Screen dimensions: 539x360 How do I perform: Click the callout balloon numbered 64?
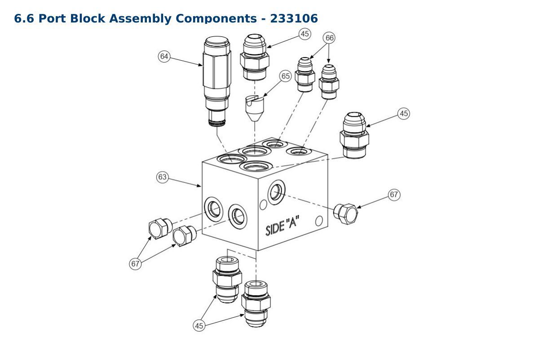point(164,56)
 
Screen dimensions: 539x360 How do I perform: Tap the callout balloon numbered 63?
point(163,177)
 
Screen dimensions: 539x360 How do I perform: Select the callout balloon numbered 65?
point(285,76)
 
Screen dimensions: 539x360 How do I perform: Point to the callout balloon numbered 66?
point(329,38)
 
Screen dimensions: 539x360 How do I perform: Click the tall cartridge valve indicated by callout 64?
point(216,81)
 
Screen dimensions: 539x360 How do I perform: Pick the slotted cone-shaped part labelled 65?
point(255,108)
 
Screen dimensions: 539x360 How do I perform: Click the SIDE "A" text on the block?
point(283,225)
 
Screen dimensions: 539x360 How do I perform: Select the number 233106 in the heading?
point(294,18)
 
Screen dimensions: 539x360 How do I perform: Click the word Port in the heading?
point(52,18)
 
